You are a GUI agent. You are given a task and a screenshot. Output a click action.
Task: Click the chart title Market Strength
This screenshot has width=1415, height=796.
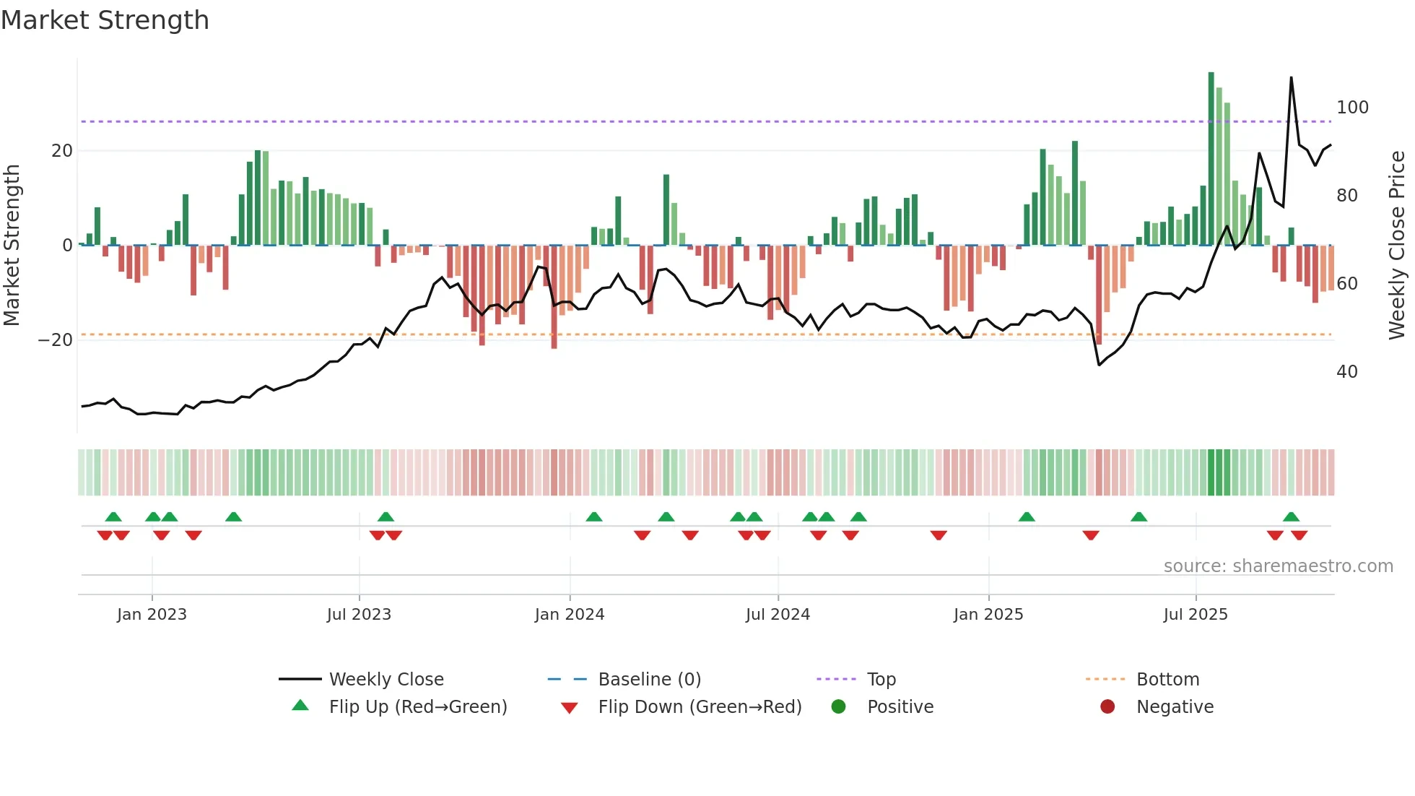click(x=105, y=20)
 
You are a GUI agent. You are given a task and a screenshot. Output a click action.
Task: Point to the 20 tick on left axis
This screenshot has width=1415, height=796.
click(x=62, y=151)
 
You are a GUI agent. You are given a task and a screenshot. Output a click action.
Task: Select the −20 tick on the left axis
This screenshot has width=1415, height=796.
click(x=56, y=340)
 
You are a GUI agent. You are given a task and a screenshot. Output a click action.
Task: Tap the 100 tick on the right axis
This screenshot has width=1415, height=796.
click(x=1352, y=108)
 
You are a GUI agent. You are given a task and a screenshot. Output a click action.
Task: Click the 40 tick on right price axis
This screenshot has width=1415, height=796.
click(x=1347, y=372)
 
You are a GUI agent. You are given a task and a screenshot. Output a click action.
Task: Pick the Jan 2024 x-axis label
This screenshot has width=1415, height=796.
click(x=570, y=615)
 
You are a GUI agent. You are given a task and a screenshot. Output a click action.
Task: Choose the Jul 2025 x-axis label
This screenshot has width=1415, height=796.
click(x=1196, y=615)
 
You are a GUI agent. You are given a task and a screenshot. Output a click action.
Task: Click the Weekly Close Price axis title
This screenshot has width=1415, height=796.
click(x=1398, y=246)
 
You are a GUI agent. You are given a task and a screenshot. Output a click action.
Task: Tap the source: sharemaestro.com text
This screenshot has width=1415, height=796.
click(x=1278, y=566)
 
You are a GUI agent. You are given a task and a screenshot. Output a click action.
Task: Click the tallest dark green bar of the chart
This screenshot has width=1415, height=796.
click(x=1211, y=159)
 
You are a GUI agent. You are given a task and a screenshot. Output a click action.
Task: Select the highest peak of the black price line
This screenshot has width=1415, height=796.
click(x=1291, y=78)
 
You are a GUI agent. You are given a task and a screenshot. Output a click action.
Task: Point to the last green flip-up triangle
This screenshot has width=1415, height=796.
click(x=1291, y=517)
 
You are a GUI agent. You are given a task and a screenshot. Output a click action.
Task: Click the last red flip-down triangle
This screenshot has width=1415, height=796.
click(x=1299, y=535)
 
